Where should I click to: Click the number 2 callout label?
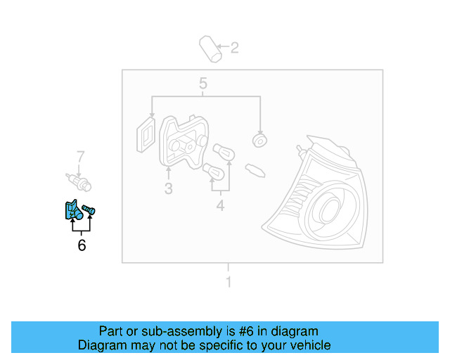235,48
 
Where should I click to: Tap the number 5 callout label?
203,84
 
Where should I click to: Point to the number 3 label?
169,188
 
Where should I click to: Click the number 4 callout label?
220,205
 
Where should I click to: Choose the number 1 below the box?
228,282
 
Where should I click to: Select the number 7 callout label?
80,156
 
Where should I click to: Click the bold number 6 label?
82,245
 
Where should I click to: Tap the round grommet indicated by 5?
259,140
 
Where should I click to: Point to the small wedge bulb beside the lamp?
254,169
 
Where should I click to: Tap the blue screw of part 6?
89,210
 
